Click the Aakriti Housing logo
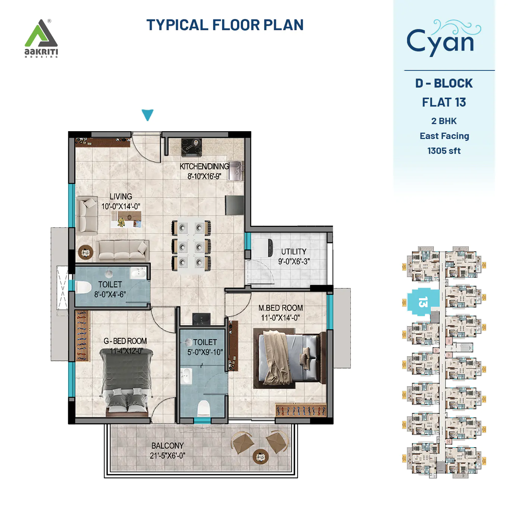coord(41,38)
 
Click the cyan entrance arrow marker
coord(148,115)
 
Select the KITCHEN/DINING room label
coord(204,166)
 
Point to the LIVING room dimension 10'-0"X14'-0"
coord(121,206)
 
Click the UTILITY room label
coord(294,252)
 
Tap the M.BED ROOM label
coord(280,308)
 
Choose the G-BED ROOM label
coord(125,341)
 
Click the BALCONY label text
coord(167,446)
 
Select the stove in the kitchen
coord(191,147)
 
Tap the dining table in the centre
coord(191,246)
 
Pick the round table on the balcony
coord(260,456)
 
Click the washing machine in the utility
coord(263,247)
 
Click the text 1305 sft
coord(444,151)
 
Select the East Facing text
coord(444,136)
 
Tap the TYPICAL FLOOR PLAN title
coord(225,25)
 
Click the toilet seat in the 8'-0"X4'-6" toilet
coord(84,287)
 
